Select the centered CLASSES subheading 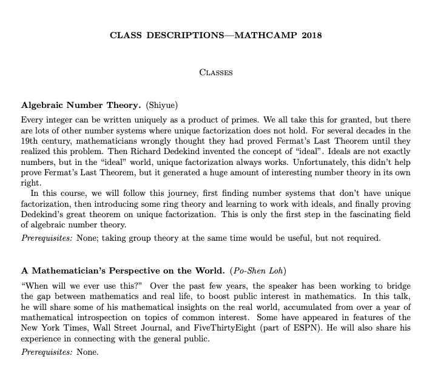click(216, 72)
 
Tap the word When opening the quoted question click(36, 285)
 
